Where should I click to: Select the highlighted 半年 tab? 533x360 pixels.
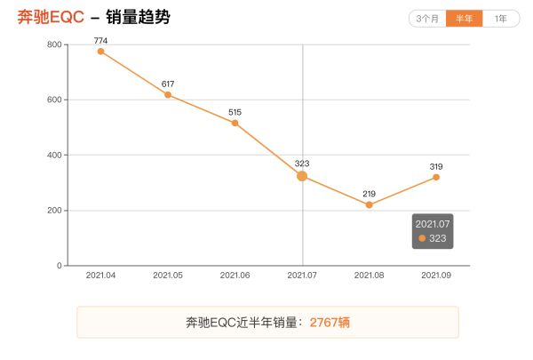[464, 19]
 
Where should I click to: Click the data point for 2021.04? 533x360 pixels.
[100, 52]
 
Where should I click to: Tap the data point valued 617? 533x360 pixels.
[168, 94]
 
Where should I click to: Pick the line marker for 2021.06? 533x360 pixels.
[235, 123]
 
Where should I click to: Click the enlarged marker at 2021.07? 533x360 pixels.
[302, 176]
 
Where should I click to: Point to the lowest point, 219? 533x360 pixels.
[370, 204]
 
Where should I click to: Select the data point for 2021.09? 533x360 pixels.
[436, 177]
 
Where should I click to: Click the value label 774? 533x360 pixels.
[100, 40]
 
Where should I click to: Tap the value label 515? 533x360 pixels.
[235, 111]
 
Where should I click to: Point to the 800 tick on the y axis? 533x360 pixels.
[53, 44]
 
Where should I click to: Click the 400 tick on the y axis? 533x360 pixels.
[53, 156]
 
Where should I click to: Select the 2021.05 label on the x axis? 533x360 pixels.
[168, 276]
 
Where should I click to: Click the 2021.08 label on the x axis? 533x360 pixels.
[370, 276]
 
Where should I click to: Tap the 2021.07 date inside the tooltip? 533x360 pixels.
[434, 224]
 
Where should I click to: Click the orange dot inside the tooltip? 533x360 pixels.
[422, 238]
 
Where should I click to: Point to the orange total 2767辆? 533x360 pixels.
[330, 323]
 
